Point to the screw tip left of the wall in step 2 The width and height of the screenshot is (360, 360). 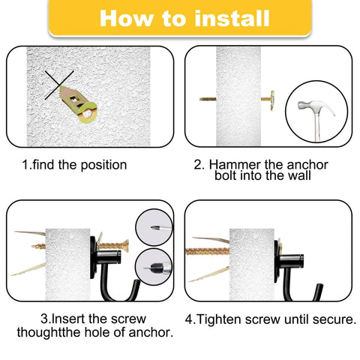pyautogui.click(x=206, y=97)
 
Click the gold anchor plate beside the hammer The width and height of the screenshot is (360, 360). pyautogui.click(x=270, y=97)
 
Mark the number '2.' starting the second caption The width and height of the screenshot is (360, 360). pyautogui.click(x=199, y=164)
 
